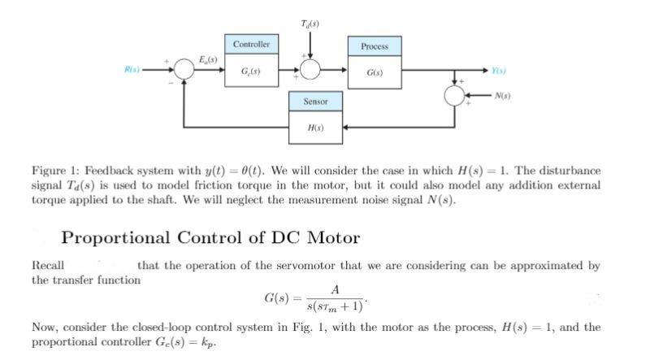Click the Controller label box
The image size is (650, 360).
(251, 43)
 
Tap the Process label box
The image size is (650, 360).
(375, 46)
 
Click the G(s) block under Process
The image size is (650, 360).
(375, 72)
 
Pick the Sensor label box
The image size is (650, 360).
(315, 102)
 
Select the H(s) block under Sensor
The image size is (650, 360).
(315, 128)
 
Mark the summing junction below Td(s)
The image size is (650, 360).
(310, 70)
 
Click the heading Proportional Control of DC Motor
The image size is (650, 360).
(210, 238)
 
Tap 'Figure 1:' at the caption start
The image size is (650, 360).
(53, 171)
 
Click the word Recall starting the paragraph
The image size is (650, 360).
(47, 266)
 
